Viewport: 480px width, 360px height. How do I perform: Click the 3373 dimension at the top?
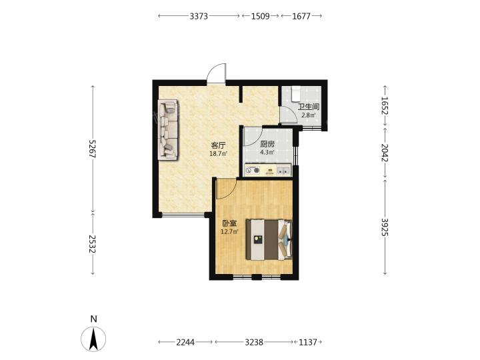coord(199,16)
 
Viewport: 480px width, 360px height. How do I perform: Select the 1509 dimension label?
coord(260,16)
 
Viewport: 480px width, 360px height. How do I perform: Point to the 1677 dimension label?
coord(301,16)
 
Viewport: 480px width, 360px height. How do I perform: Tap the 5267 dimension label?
coord(93,149)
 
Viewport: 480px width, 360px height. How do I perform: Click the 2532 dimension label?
coord(93,244)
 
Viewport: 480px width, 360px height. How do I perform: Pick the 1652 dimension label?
coord(385,105)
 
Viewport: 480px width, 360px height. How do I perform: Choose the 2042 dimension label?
coord(385,153)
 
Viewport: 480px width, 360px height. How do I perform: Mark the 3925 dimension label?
coord(385,227)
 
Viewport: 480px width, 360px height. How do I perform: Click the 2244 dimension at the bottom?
coord(185,342)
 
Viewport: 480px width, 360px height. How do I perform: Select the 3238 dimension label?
coord(254,342)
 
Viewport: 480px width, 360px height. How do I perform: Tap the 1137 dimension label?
coord(307,342)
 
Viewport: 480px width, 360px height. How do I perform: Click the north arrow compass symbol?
coord(93,339)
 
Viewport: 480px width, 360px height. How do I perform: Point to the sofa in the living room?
coord(168,129)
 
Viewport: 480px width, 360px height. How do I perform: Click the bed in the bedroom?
coord(269,239)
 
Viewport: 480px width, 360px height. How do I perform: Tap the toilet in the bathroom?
coord(296,93)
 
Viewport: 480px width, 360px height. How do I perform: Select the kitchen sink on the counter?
coord(283,170)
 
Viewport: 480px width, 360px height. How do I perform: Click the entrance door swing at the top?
coord(217,73)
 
